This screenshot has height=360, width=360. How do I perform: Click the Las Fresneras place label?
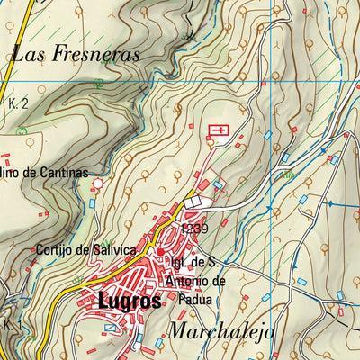(x=76, y=54)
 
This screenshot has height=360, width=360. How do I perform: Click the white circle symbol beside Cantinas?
(x=97, y=184)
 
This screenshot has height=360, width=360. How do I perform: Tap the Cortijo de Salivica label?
(x=85, y=249)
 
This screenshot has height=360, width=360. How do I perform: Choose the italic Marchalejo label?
(x=220, y=330)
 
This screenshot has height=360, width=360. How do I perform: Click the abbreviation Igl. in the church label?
(x=178, y=263)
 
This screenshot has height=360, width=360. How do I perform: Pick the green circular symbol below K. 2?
(x=22, y=130)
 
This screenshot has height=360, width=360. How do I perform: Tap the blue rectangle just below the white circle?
(x=94, y=203)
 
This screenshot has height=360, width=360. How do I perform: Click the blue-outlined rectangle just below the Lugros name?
(x=110, y=328)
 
